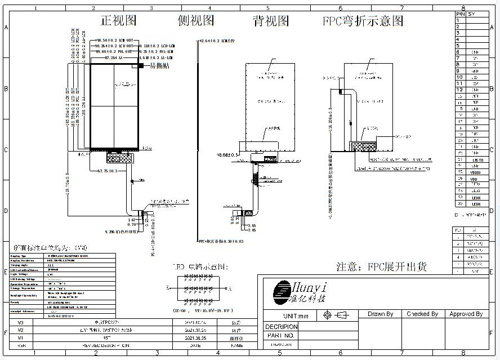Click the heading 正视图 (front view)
click(118, 21)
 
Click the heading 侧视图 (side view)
click(196, 21)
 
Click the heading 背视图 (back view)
click(271, 21)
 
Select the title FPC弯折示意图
click(363, 21)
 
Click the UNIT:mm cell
click(296, 316)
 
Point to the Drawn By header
click(380, 314)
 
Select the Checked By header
click(422, 314)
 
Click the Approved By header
click(466, 314)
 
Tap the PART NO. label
click(280, 335)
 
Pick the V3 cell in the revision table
click(21, 322)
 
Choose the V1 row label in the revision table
click(21, 337)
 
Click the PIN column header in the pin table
click(460, 13)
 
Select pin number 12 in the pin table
click(459, 90)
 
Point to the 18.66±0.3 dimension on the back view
click(229, 154)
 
